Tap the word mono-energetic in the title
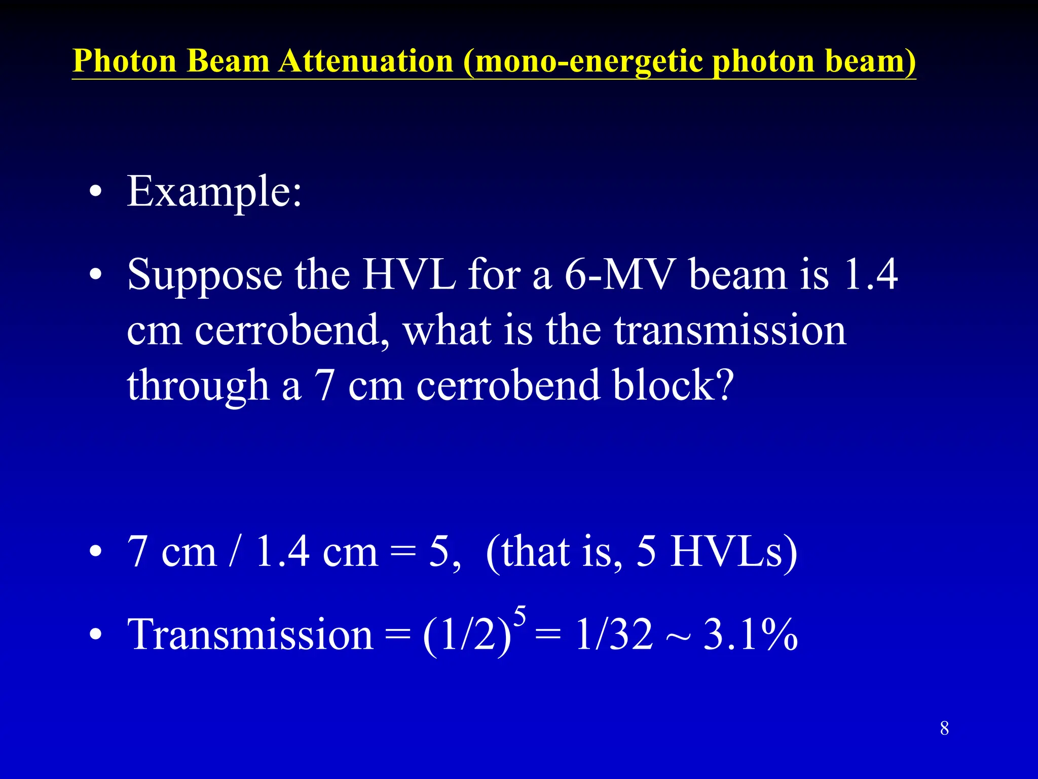588,62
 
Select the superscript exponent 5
520,616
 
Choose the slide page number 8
944,728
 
